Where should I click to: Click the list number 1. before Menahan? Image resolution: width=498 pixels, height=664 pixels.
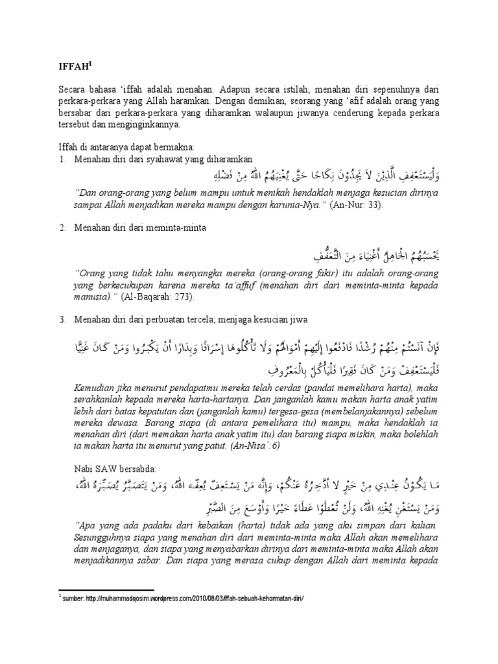pos(62,159)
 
